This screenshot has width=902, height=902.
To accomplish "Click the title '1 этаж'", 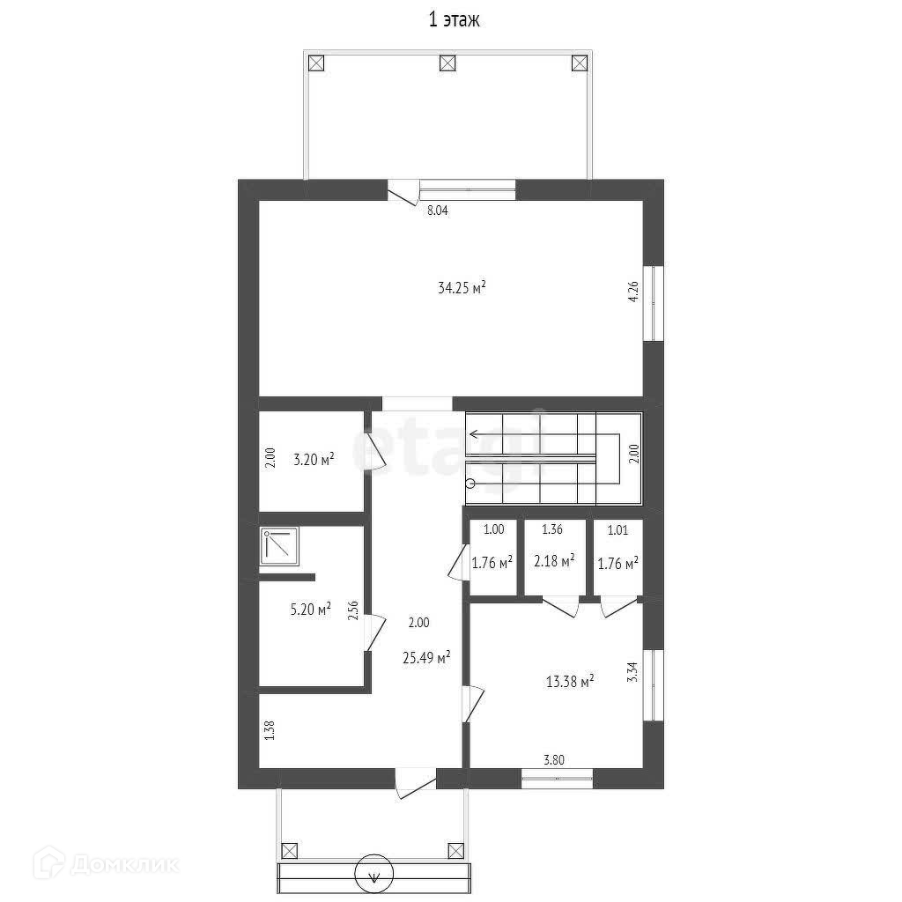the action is click(454, 20).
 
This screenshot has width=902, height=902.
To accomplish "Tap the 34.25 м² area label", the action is click(462, 287).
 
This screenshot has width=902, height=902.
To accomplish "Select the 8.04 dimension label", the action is click(437, 211).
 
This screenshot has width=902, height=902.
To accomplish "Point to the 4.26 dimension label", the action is click(633, 292).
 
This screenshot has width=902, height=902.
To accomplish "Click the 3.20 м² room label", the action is click(314, 460).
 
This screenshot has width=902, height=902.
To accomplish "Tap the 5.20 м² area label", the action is click(311, 610).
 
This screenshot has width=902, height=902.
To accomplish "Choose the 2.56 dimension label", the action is click(353, 610).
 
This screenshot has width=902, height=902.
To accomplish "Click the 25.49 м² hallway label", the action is click(426, 657).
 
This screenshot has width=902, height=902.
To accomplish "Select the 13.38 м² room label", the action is click(570, 682).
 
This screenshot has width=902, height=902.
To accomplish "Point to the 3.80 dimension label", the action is click(554, 760).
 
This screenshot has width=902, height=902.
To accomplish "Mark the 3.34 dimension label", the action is click(632, 672).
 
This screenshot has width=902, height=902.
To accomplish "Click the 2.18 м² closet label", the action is click(555, 561).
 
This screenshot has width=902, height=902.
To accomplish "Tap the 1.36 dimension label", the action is click(552, 529).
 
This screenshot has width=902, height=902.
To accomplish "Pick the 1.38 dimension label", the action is click(270, 730).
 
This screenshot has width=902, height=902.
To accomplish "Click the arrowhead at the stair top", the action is click(474, 433).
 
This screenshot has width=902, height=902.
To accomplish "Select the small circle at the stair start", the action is click(470, 484).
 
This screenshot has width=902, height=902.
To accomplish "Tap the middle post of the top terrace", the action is click(447, 63).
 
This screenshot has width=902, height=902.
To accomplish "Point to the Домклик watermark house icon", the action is click(48, 863).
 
